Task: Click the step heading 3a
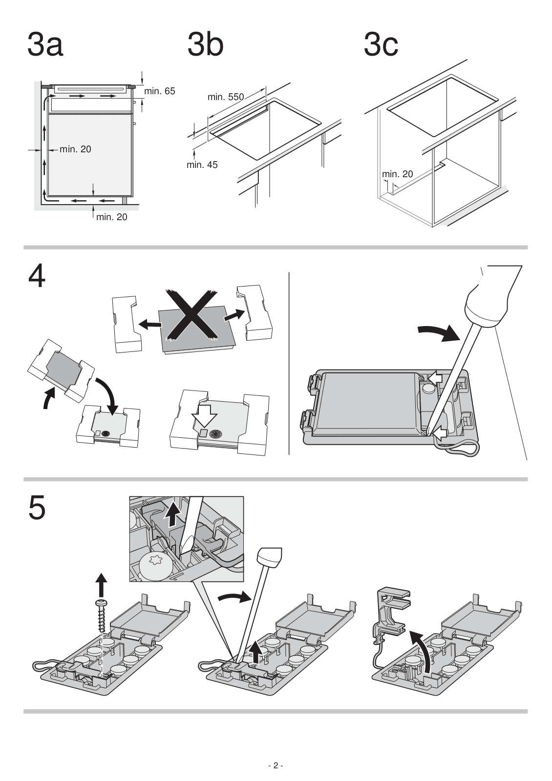pyautogui.click(x=45, y=44)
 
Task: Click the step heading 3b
pyautogui.click(x=205, y=44)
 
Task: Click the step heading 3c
pyautogui.click(x=381, y=44)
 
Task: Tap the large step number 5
pyautogui.click(x=37, y=509)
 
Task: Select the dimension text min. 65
pyautogui.click(x=159, y=91)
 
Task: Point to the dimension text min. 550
pyautogui.click(x=225, y=97)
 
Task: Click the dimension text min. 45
pyautogui.click(x=202, y=164)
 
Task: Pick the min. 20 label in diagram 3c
pyautogui.click(x=398, y=174)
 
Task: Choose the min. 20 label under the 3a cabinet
pyautogui.click(x=112, y=217)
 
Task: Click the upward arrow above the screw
pyautogui.click(x=102, y=584)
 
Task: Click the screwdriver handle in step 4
pyautogui.click(x=494, y=296)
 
